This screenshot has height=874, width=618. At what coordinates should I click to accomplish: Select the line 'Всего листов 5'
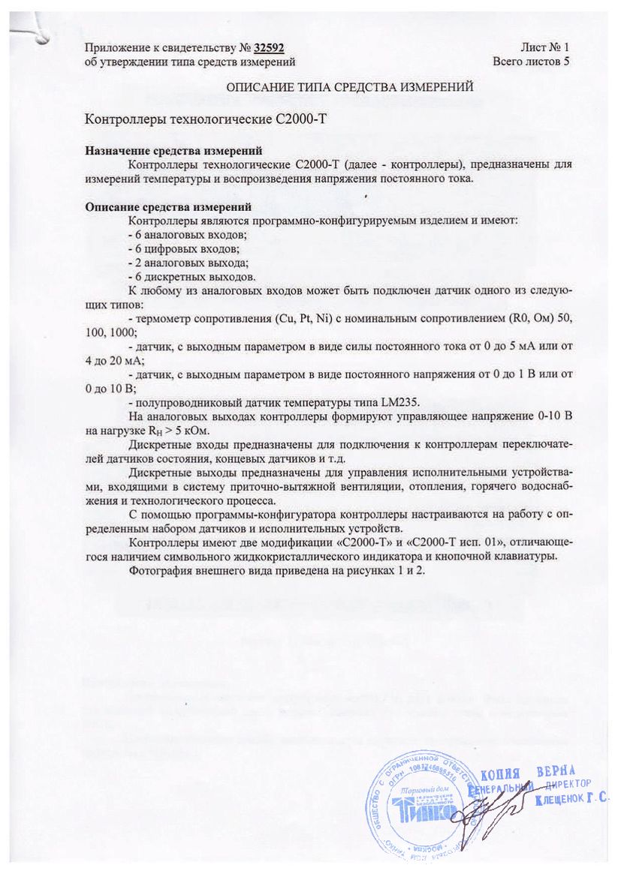click(531, 62)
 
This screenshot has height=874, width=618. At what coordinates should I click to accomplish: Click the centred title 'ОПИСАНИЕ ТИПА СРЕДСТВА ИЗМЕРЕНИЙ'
click(350, 87)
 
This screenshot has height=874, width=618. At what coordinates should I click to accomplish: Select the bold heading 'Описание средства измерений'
click(167, 207)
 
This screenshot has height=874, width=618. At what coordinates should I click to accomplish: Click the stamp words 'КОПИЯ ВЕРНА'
click(527, 772)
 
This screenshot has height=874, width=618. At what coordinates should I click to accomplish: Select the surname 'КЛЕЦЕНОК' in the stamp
click(560, 800)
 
